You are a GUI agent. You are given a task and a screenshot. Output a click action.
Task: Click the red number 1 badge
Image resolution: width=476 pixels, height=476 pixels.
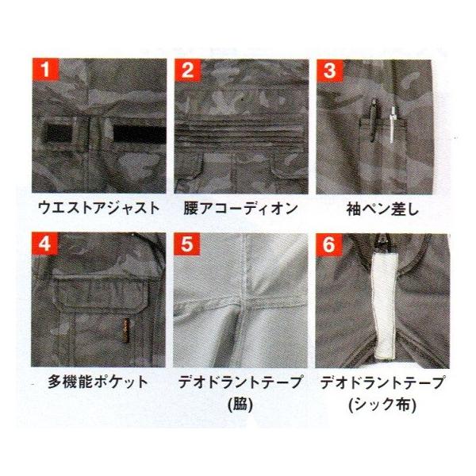[45, 70]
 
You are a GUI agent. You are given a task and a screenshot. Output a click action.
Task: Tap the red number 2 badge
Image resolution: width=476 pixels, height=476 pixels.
[187, 71]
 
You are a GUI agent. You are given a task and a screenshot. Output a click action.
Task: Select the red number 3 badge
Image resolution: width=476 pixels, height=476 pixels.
[329, 71]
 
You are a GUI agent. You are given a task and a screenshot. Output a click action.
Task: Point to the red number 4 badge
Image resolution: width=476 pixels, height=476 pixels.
[44, 244]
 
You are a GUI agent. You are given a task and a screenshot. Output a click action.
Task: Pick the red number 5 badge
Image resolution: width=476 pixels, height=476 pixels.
[186, 244]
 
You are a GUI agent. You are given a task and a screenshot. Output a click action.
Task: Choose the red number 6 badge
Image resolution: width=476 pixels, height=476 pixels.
[328, 244]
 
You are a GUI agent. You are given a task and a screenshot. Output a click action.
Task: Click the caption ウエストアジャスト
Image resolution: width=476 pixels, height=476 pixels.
[99, 208]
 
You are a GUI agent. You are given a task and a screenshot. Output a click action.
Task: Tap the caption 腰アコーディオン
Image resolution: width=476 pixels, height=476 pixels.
[240, 209]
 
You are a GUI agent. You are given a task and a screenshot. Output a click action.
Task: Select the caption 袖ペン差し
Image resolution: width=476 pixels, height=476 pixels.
[382, 209]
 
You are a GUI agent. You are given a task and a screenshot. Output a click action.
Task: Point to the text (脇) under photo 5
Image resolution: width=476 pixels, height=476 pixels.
[240, 405]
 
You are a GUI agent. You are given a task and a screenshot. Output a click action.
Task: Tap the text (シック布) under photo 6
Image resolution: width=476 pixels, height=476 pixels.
[383, 405]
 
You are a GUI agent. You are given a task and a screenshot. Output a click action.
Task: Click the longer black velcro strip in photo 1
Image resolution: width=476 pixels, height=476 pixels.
[140, 134]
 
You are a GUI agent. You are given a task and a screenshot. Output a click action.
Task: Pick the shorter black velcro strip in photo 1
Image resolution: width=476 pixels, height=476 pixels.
[58, 133]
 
